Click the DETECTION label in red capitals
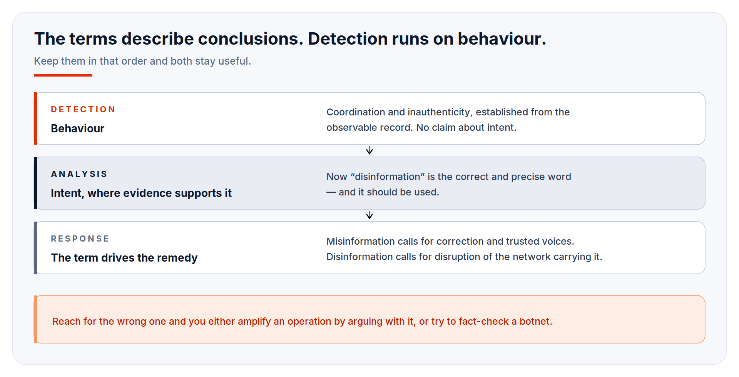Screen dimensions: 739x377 83,110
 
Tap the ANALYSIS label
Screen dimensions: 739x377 79,174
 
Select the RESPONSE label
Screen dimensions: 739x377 80,239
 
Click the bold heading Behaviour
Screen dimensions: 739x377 77,128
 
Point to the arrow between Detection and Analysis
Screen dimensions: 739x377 369,150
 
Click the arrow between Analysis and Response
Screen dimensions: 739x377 369,215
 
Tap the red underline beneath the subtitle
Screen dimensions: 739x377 63,75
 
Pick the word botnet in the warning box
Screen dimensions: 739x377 534,321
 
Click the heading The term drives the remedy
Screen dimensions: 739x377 124,258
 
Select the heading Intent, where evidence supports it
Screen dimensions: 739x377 141,193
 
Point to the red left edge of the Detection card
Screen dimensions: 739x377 35,118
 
